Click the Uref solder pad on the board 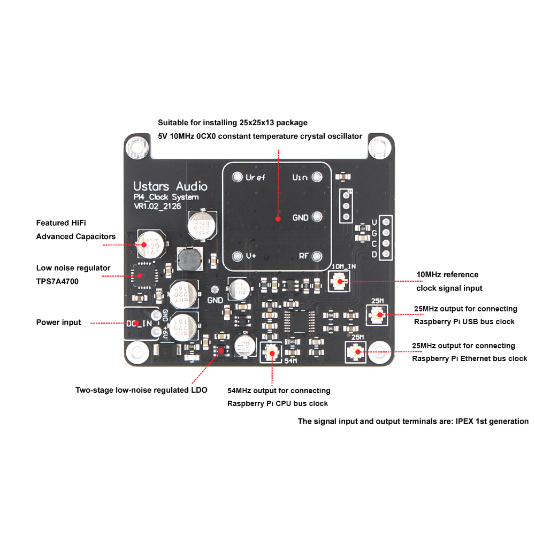coord(236,177)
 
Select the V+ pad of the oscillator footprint coord(236,256)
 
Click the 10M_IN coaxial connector coord(339,280)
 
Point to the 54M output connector coord(271,352)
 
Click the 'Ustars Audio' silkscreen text coord(170,187)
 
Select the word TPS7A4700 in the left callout coord(58,281)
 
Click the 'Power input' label coord(59,323)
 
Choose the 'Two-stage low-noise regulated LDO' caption coord(141,390)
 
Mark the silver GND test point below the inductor coord(215,289)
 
